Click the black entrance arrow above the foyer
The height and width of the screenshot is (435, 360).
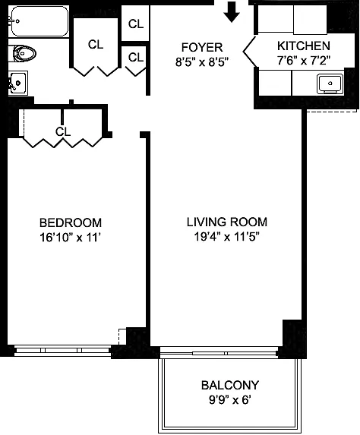pyautogui.click(x=232, y=12)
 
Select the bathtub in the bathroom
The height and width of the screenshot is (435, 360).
pyautogui.click(x=38, y=21)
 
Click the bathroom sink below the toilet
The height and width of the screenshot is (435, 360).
pyautogui.click(x=18, y=83)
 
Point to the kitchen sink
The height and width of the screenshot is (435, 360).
pyautogui.click(x=330, y=84)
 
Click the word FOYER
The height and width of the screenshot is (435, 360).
pyautogui.click(x=202, y=47)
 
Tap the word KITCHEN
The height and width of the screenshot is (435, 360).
pyautogui.click(x=304, y=46)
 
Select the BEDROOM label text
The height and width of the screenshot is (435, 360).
pyautogui.click(x=71, y=222)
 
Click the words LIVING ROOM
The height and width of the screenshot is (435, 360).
pyautogui.click(x=227, y=222)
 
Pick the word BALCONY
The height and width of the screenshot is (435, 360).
pyautogui.click(x=230, y=386)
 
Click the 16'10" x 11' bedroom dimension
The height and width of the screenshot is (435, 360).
pyautogui.click(x=70, y=238)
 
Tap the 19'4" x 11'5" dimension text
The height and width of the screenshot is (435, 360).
pyautogui.click(x=226, y=237)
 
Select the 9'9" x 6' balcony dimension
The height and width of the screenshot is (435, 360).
pyautogui.click(x=230, y=400)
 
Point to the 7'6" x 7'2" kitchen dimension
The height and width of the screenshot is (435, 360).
pyautogui.click(x=304, y=61)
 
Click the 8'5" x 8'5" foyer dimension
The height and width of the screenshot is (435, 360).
pyautogui.click(x=202, y=62)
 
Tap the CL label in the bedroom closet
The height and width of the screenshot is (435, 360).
pyautogui.click(x=63, y=132)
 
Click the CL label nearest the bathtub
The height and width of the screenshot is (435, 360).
pyautogui.click(x=96, y=44)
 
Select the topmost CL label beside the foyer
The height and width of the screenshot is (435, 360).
pyautogui.click(x=136, y=24)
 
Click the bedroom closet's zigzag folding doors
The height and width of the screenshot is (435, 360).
pyautogui.click(x=62, y=142)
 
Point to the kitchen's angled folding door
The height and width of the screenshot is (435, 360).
pyautogui.click(x=250, y=52)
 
